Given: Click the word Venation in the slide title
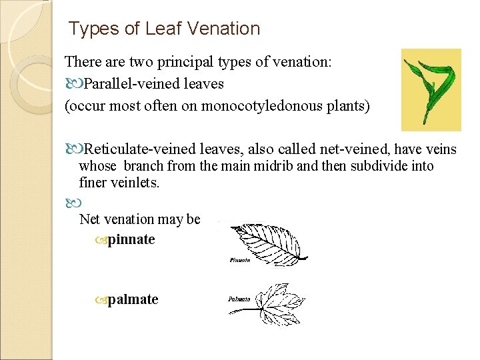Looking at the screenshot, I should [x=223, y=29].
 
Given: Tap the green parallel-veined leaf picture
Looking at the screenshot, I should [x=430, y=89].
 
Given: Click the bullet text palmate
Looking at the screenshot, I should [x=133, y=299].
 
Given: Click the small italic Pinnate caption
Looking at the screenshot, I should [x=239, y=260].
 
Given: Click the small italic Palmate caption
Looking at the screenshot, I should [x=239, y=299].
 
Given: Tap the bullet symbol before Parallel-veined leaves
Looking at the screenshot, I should [x=71, y=84].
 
